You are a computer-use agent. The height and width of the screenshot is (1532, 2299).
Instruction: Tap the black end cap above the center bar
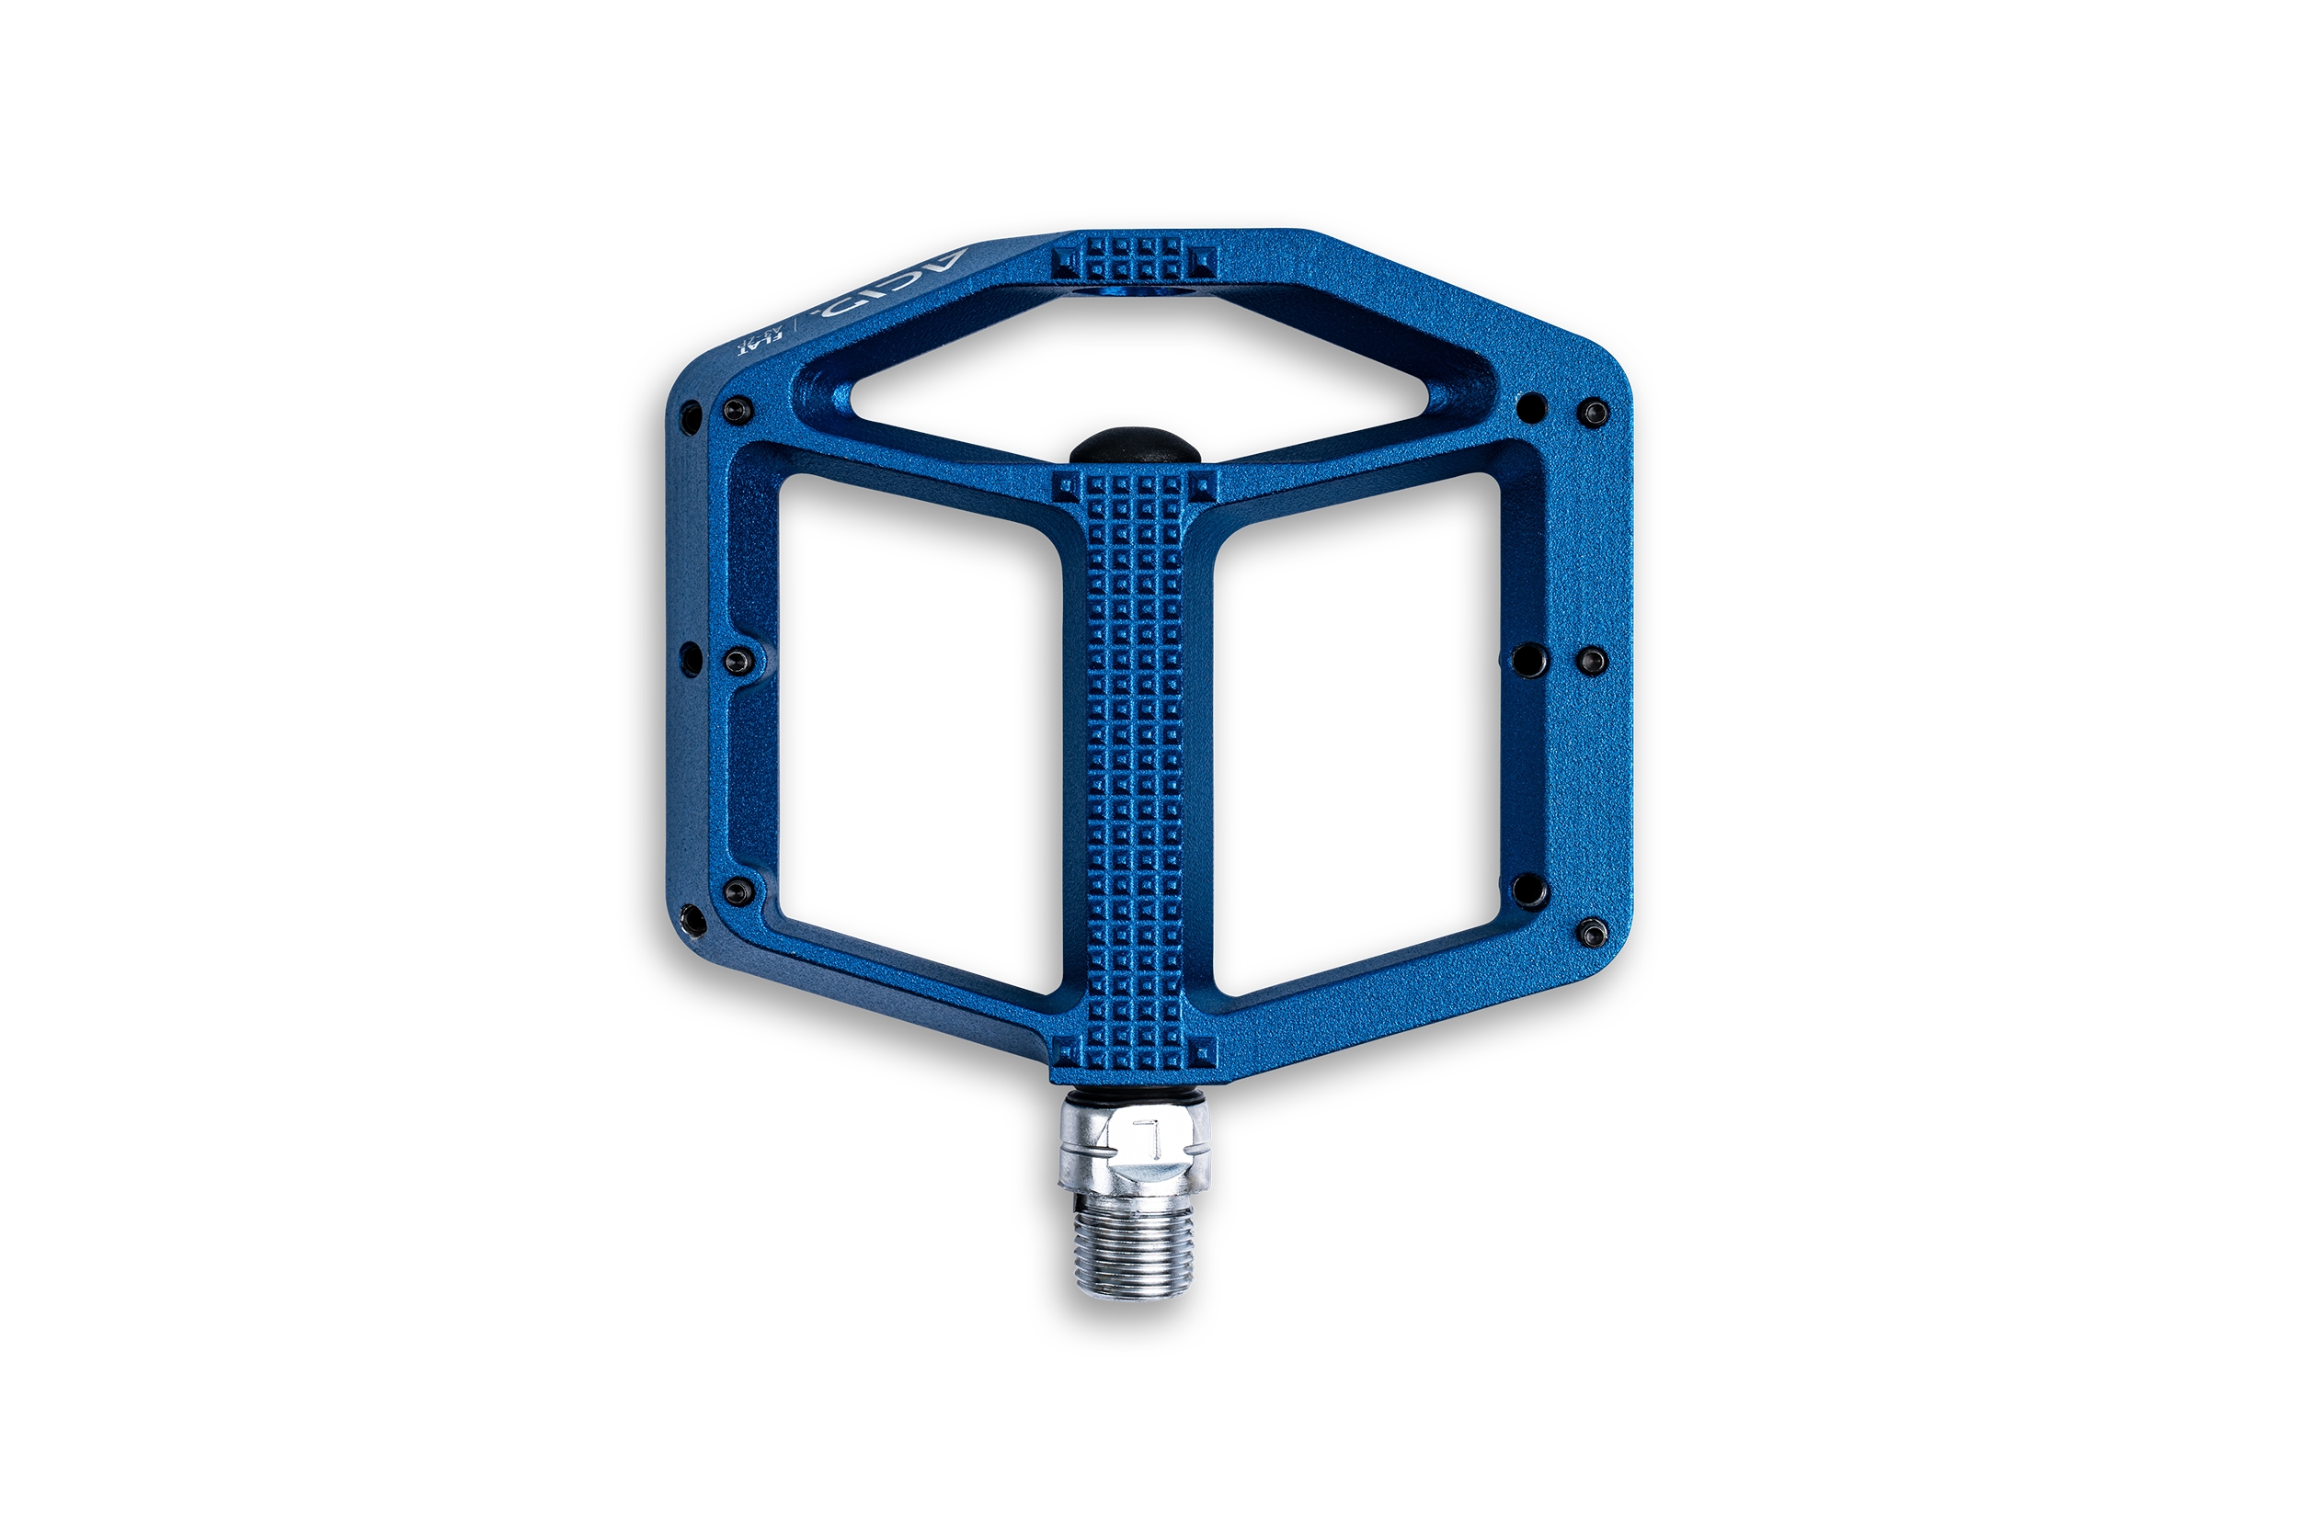(x=1134, y=446)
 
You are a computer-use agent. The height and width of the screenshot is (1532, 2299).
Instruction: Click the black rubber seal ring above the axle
(x=1134, y=1090)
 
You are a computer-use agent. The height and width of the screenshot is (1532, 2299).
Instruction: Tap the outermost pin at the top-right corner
(x=1595, y=414)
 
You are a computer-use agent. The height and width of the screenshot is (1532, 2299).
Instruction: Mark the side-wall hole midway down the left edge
(x=691, y=660)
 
